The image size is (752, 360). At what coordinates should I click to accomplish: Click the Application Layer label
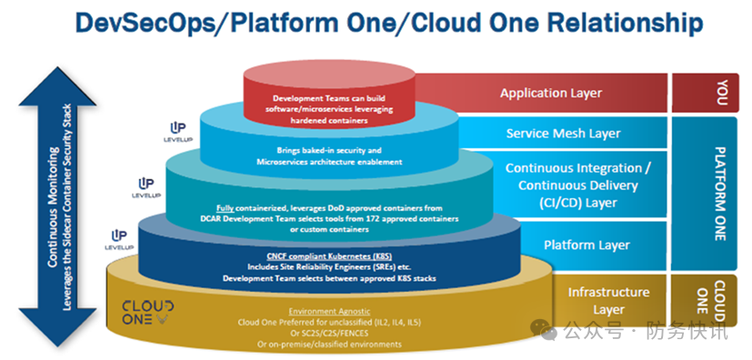[550, 93]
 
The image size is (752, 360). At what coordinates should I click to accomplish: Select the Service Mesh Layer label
[563, 133]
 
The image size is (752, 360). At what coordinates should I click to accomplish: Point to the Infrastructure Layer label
[608, 301]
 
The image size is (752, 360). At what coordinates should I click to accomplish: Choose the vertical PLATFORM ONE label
[720, 194]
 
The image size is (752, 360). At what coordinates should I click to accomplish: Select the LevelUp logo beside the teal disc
[146, 188]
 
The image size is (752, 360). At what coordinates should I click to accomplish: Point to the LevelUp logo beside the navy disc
[119, 239]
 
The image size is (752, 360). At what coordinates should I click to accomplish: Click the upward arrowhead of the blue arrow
[57, 86]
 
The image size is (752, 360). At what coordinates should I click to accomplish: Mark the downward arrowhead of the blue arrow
[57, 327]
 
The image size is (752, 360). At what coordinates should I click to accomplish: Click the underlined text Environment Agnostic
[329, 311]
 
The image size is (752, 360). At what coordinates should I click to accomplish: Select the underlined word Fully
[225, 208]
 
